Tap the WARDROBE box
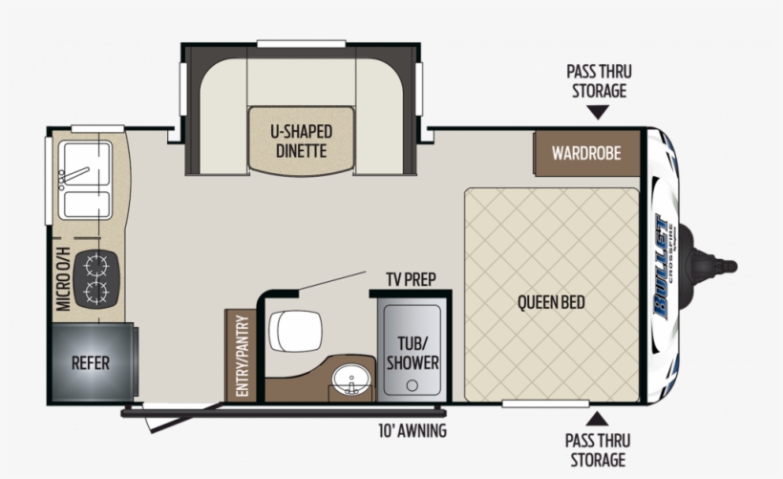pyautogui.click(x=585, y=153)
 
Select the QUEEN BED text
pyautogui.click(x=551, y=303)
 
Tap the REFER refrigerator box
pyautogui.click(x=90, y=363)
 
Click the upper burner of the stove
pyautogui.click(x=95, y=262)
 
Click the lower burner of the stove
pyautogui.click(x=95, y=291)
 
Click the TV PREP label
pyautogui.click(x=411, y=279)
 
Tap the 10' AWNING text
pyautogui.click(x=413, y=430)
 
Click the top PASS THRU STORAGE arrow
pyautogui.click(x=598, y=113)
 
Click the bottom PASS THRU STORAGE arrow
pyautogui.click(x=598, y=418)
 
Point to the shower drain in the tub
pyautogui.click(x=413, y=384)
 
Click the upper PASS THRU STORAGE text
pyautogui.click(x=599, y=81)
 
